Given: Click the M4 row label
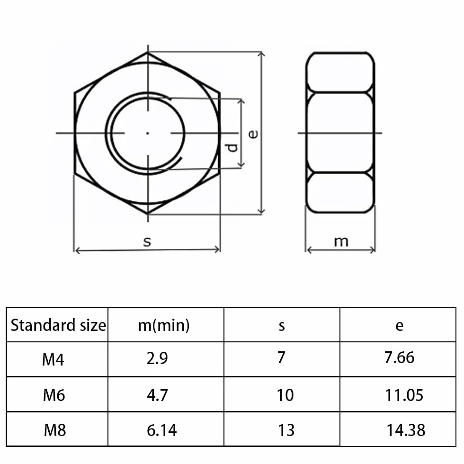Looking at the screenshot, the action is tap(53, 359).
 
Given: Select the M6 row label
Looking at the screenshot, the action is tap(54, 395).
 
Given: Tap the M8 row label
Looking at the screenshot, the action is tap(55, 430).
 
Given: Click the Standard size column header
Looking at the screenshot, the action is tap(58, 325).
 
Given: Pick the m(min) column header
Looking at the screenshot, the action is tap(164, 326).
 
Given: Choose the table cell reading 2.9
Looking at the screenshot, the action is tap(157, 358).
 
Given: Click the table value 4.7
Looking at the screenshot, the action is tap(157, 395).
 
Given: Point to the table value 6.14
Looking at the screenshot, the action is tap(161, 430).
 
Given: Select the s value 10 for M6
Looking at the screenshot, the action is tap(285, 395).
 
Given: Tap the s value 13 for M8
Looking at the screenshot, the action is tap(286, 430).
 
